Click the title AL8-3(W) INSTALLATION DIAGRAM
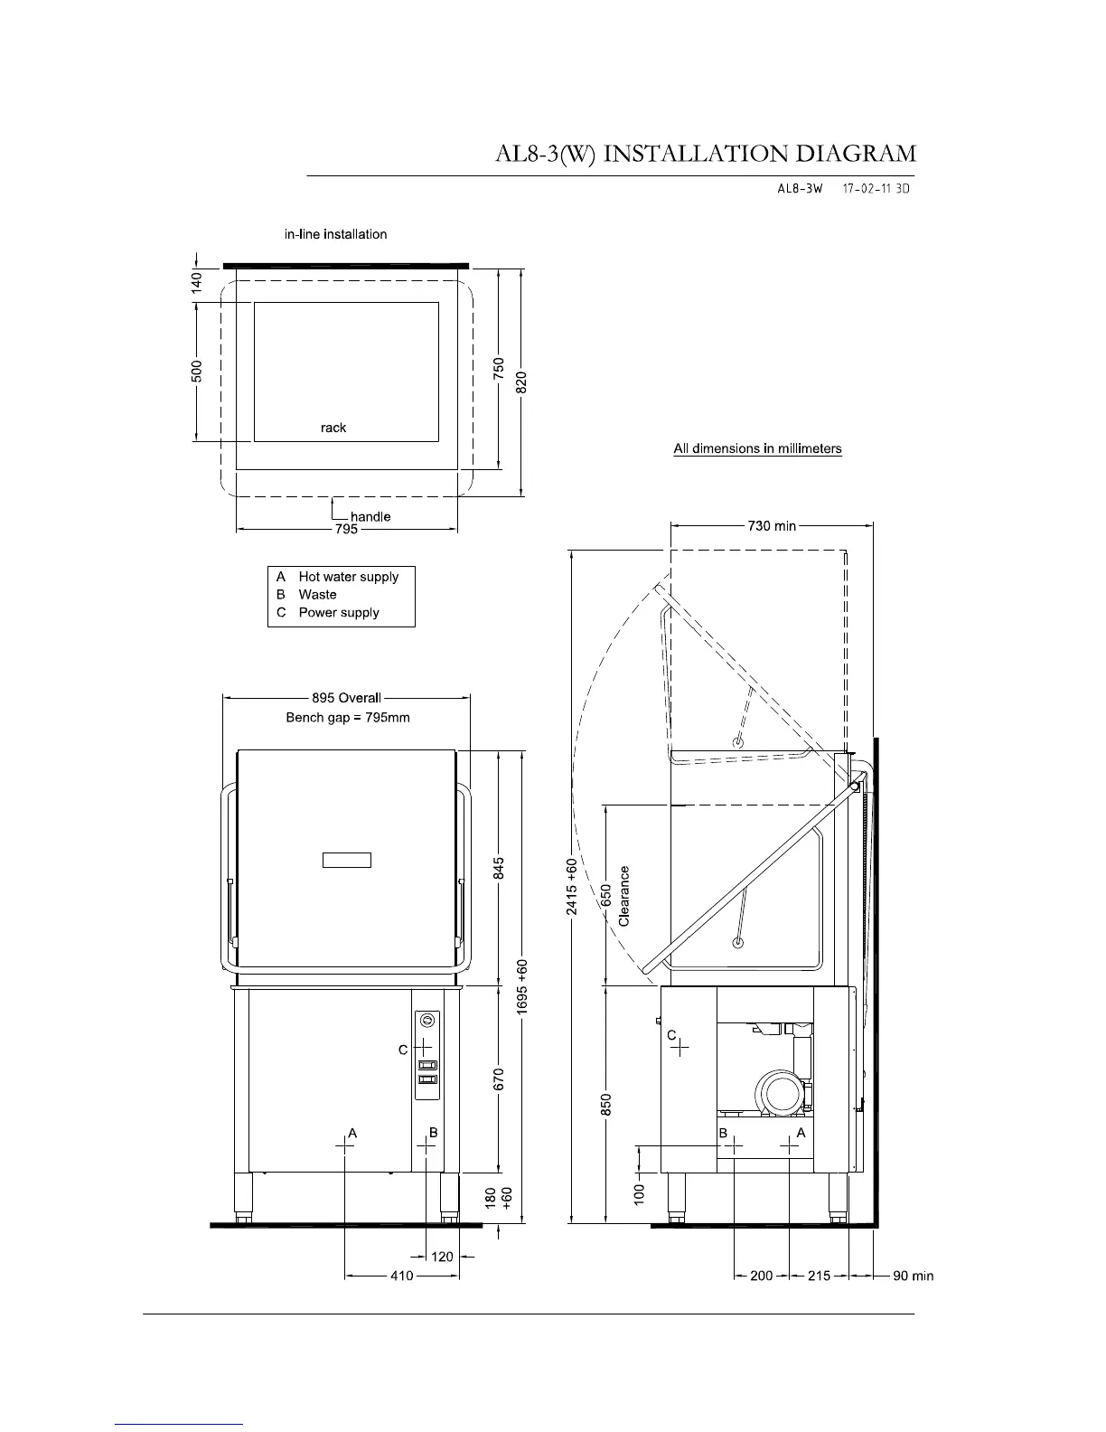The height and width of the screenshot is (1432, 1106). coord(706,154)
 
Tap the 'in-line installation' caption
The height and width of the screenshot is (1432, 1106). coord(335,234)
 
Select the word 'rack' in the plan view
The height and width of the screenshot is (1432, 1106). coord(333,428)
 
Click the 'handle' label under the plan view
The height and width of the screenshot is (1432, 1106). coord(370,516)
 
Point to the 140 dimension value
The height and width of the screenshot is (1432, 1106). coord(196,283)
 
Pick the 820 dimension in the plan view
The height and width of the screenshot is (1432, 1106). coord(521,382)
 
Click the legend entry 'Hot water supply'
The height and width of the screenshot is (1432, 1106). coord(349,577)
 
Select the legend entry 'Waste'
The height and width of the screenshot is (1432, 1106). coord(317,595)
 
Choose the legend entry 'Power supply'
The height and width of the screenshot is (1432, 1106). coord(339,612)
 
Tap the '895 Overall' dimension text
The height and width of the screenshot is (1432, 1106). coord(346,698)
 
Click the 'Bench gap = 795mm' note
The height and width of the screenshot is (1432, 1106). coord(348,718)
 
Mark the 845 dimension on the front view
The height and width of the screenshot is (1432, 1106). coord(499,868)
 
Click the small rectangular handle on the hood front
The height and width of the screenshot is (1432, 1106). coord(346,860)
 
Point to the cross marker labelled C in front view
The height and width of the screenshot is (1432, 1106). coord(422,1046)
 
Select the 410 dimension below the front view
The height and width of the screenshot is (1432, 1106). coord(402,1276)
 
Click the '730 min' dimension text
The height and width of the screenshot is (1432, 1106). coord(772,526)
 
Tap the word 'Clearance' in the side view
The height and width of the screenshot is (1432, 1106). coord(623,896)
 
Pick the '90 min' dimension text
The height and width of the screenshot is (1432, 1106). coord(913,1276)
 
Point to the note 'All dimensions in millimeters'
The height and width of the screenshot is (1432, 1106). coord(757,448)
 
